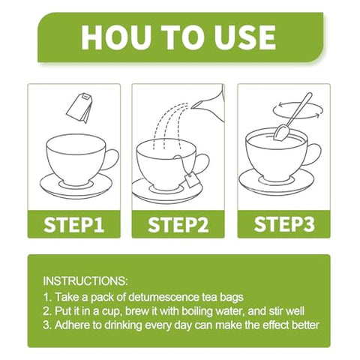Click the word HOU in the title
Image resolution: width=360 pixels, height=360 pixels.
[116, 37]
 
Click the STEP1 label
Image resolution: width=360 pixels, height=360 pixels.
[73, 224]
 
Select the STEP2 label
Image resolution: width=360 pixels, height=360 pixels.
[178, 224]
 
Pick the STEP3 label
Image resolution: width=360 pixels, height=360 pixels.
[284, 223]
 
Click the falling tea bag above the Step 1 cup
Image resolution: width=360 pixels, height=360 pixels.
[79, 108]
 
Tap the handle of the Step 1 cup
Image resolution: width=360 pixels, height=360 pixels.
[112, 159]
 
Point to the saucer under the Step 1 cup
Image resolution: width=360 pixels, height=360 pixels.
[76, 186]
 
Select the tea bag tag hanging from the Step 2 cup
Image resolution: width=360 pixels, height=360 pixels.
[192, 179]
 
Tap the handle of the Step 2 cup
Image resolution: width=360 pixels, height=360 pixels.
[202, 163]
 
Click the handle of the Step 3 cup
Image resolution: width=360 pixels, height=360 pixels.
[314, 154]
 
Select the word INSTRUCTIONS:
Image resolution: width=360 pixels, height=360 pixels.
[85, 281]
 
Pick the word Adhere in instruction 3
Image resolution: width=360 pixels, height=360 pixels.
[70, 325]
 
